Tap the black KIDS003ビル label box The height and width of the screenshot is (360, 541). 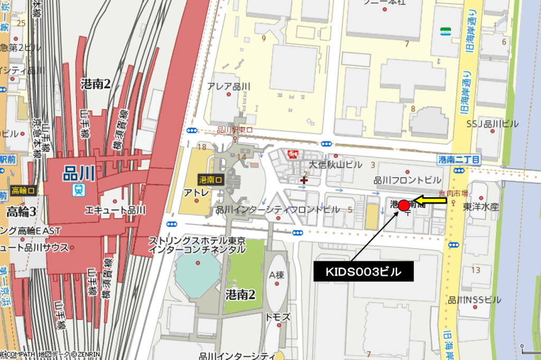[363, 272]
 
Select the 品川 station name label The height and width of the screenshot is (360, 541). [78, 173]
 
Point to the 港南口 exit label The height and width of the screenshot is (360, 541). [211, 180]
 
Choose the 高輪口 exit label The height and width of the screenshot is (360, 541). [24, 190]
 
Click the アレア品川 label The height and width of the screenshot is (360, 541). [228, 86]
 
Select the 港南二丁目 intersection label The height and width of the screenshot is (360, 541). [459, 159]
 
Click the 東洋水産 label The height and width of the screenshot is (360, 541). [481, 206]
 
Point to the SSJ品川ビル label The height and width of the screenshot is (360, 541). [492, 124]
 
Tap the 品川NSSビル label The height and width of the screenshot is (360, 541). [474, 300]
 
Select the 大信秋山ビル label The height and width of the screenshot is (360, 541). [335, 164]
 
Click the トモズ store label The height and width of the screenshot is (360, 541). [278, 317]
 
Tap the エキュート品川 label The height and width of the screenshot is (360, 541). [115, 210]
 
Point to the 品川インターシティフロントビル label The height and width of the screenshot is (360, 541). [277, 210]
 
